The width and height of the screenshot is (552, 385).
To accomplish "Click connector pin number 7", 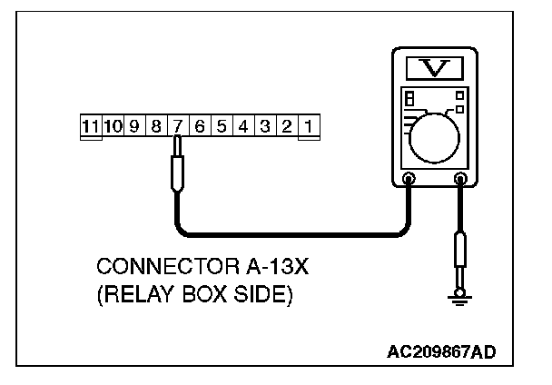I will click(x=178, y=126).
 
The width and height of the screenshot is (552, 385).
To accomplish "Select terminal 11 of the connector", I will click(x=90, y=126).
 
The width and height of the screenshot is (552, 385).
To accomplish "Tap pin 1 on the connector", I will click(x=309, y=126).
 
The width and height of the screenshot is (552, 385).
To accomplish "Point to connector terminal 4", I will click(x=243, y=126).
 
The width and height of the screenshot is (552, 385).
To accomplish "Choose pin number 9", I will click(x=134, y=126).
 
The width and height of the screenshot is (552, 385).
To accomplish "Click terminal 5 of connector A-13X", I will click(x=222, y=126).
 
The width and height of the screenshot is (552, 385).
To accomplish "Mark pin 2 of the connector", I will click(x=287, y=126).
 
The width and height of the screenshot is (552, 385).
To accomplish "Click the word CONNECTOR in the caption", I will click(x=153, y=268).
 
